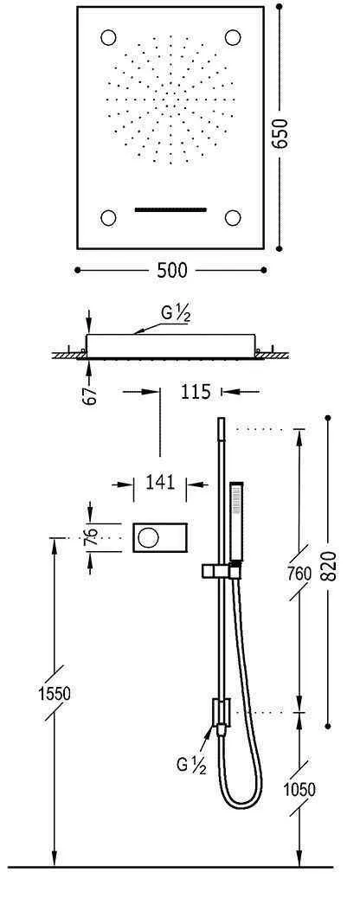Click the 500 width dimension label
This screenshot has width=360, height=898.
172,271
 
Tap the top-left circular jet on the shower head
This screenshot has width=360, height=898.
109,38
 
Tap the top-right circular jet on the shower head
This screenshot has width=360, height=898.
233,38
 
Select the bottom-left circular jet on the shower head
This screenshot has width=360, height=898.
109,217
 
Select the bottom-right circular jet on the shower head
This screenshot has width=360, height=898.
233,217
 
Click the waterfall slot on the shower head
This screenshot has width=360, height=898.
171,208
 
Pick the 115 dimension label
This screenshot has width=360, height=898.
196,392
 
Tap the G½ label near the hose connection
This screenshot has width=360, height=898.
190,764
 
